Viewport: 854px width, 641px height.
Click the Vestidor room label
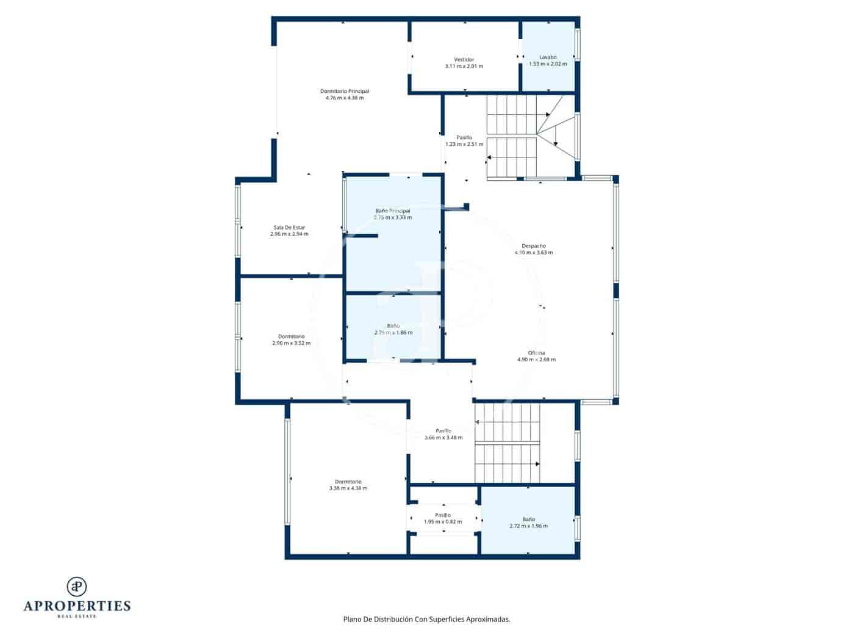tap(464, 59)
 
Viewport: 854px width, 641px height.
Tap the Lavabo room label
tap(547, 57)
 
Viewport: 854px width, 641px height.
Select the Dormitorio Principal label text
tap(345, 91)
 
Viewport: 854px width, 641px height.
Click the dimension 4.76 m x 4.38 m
tap(345, 98)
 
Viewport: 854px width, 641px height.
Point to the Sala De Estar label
tap(289, 227)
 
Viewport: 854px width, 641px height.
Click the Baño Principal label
tap(393, 211)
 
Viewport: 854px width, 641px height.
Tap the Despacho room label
tap(534, 246)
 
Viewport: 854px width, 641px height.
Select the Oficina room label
tap(536, 353)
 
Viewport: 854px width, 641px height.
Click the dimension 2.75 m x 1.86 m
tap(393, 333)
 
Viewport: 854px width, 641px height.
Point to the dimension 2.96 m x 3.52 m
tap(291, 343)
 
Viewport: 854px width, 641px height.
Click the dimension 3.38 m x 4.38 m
tap(348, 488)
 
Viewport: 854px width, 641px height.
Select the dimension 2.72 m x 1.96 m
tap(528, 526)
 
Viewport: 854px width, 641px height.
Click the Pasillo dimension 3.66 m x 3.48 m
tap(443, 438)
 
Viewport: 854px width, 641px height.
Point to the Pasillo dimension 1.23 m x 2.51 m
tap(464, 145)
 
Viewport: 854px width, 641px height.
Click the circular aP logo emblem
tap(77, 587)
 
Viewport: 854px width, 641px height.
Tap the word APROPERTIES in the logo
tap(77, 606)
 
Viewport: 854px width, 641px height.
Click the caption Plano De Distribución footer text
tap(426, 619)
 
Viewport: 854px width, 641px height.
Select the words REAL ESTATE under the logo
tap(77, 617)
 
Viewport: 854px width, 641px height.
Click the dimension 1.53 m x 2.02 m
tap(547, 64)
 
